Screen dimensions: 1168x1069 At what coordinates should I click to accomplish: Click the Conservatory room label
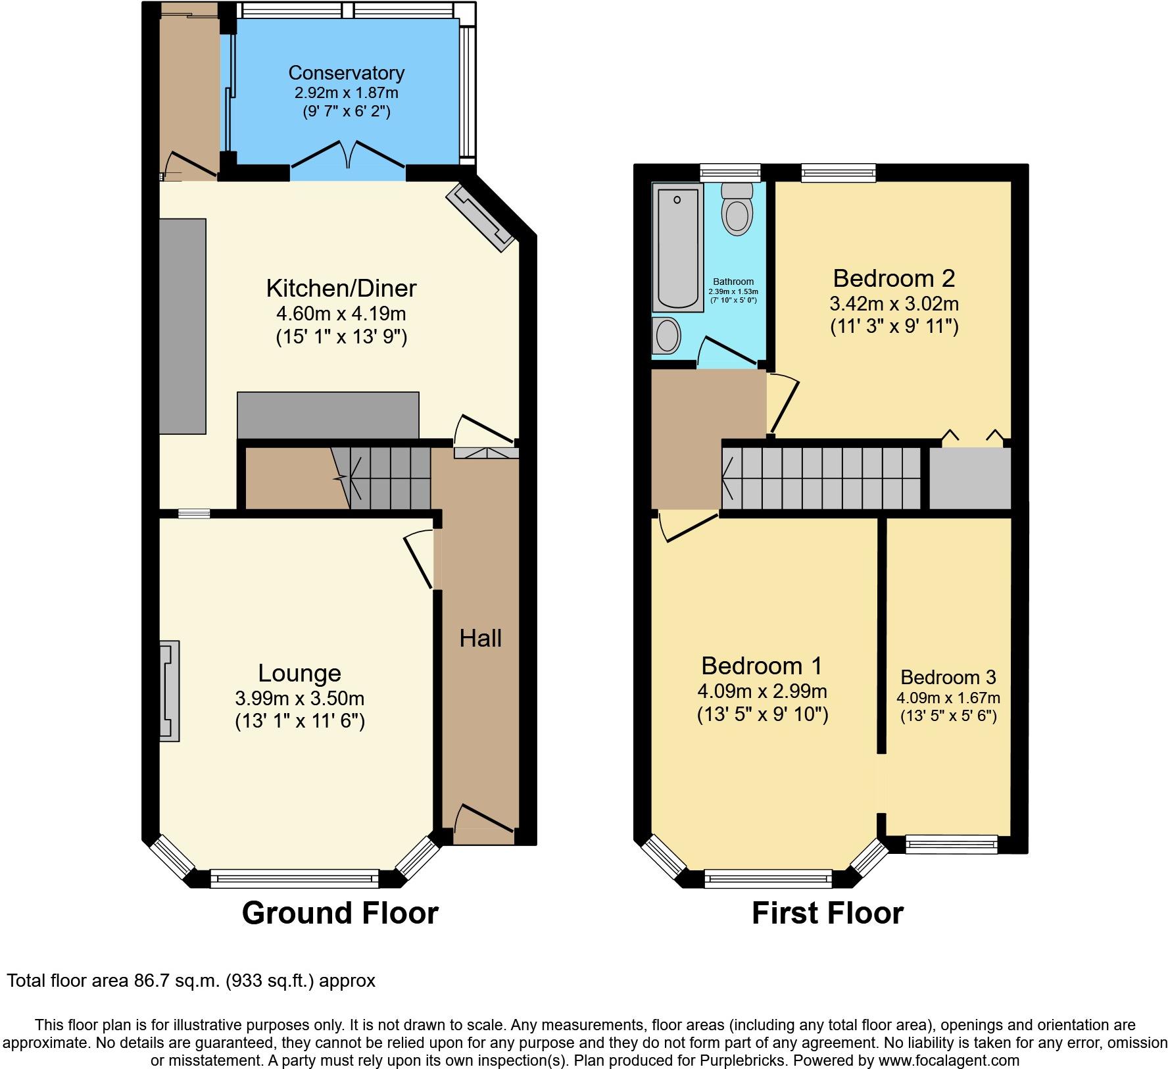click(346, 72)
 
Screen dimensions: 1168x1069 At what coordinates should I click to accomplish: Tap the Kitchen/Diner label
click(341, 288)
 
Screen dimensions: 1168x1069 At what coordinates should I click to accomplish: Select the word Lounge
click(299, 674)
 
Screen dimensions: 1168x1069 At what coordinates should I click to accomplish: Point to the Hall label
click(480, 638)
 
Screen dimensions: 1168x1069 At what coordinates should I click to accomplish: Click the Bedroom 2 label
click(894, 279)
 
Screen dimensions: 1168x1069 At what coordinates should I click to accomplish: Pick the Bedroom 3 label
click(948, 677)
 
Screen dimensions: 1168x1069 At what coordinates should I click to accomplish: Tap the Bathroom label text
click(733, 282)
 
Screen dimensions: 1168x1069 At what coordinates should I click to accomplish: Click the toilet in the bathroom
click(737, 209)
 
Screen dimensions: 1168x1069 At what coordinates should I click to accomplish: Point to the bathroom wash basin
click(668, 336)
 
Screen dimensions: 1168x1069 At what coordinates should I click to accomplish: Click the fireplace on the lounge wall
click(169, 691)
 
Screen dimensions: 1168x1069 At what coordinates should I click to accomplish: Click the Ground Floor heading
click(340, 914)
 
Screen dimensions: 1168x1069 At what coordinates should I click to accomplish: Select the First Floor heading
click(827, 914)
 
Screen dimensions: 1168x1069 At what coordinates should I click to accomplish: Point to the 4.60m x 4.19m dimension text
click(341, 314)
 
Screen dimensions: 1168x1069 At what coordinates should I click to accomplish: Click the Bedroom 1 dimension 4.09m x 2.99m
click(762, 691)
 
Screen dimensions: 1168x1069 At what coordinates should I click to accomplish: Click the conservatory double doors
click(348, 155)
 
